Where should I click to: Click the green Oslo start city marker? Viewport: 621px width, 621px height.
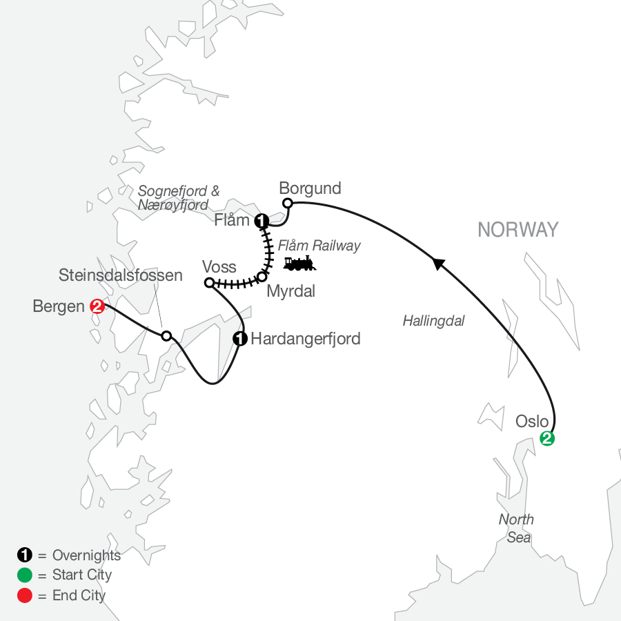click(546, 438)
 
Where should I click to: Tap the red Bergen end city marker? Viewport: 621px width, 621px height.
click(97, 306)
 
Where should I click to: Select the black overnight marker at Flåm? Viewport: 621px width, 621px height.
click(262, 221)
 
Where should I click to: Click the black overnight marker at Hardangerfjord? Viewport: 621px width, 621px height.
click(240, 338)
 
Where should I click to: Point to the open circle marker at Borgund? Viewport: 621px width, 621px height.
click(288, 203)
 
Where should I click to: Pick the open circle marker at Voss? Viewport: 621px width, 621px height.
click(209, 282)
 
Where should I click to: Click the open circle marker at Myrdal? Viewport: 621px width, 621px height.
click(262, 276)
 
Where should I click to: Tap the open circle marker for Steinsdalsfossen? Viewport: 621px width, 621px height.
click(166, 336)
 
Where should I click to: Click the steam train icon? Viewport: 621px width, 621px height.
click(299, 263)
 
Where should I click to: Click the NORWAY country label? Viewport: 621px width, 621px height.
click(517, 230)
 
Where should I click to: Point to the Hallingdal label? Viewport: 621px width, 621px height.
click(433, 320)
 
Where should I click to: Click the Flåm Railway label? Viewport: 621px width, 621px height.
click(319, 245)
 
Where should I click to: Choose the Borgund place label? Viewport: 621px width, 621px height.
click(310, 188)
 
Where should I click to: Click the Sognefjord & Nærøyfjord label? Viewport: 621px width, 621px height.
click(179, 198)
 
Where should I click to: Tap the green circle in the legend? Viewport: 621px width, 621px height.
click(24, 575)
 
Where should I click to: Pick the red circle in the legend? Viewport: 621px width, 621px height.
click(24, 595)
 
